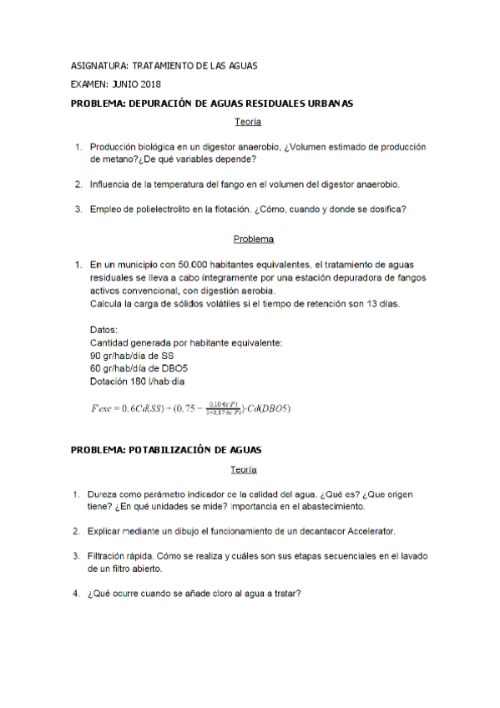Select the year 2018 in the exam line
151,84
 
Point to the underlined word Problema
254,239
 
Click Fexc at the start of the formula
103,408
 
